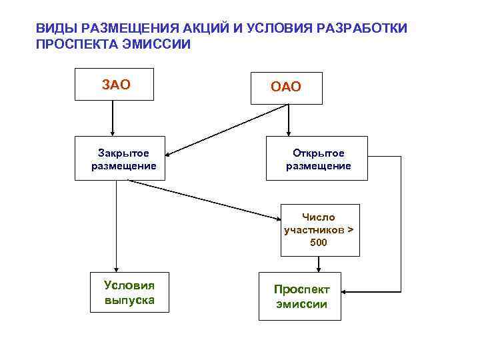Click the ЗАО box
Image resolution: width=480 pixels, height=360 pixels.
[x=116, y=85]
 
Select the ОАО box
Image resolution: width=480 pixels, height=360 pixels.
[x=286, y=87]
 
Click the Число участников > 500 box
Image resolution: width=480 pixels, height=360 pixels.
[x=319, y=230]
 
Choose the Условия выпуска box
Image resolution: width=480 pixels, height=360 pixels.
[x=129, y=292]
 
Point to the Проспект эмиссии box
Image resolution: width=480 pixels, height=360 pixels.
[x=301, y=296]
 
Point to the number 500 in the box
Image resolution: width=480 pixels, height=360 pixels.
[x=319, y=242]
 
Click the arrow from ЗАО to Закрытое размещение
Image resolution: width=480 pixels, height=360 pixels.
[x=113, y=120]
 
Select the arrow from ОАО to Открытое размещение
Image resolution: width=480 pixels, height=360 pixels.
[x=289, y=120]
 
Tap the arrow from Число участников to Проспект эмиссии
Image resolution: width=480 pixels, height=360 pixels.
[x=319, y=264]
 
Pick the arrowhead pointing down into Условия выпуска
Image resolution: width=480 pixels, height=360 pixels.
[x=117, y=268]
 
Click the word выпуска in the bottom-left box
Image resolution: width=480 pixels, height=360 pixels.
[x=129, y=299]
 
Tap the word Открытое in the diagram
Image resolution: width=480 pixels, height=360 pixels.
[x=319, y=153]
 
